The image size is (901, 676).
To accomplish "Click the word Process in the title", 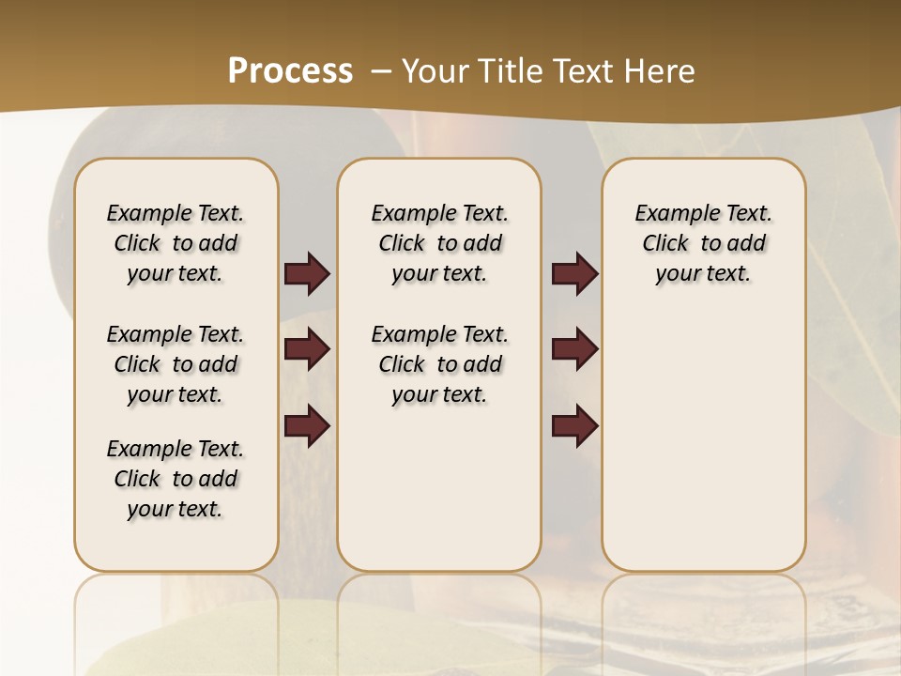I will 290,70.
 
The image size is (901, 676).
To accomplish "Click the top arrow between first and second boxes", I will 307,274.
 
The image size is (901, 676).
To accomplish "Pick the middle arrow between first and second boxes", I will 307,350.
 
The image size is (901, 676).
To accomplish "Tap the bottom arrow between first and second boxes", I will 307,426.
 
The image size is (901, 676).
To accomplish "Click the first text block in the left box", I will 176,243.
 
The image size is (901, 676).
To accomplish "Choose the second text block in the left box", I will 176,364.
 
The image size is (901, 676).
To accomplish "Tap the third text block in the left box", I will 176,479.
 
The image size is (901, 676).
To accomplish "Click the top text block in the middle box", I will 439,243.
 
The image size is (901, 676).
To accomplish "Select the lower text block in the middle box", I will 439,364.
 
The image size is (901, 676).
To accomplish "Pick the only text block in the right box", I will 703,243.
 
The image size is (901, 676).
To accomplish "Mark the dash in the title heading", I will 381,70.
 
